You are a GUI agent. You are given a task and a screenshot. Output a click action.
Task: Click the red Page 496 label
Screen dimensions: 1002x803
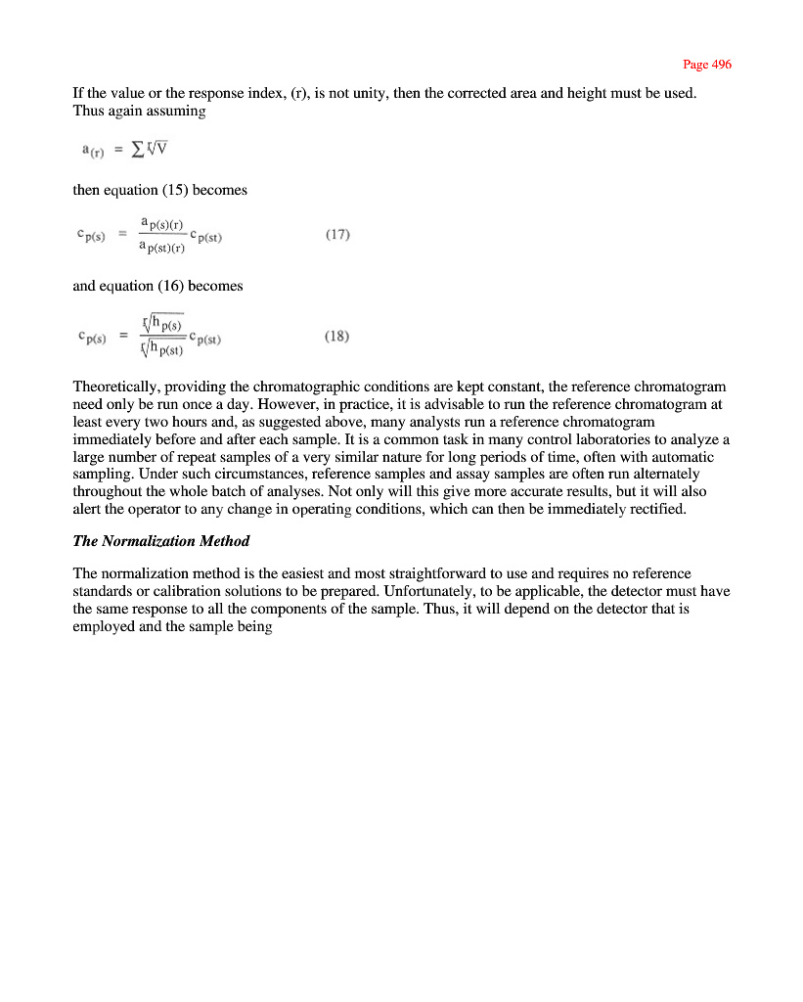pyautogui.click(x=706, y=65)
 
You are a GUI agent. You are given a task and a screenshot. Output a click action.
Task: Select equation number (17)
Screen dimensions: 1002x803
pyautogui.click(x=336, y=235)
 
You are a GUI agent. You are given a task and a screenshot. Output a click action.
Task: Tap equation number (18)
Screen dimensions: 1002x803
pyautogui.click(x=336, y=337)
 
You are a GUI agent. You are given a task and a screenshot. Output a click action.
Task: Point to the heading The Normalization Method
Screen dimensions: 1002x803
pyautogui.click(x=161, y=541)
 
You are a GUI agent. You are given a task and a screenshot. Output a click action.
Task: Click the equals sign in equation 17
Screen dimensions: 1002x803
pyautogui.click(x=122, y=235)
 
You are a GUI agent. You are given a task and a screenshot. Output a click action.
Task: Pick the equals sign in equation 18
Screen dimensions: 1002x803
pyautogui.click(x=122, y=337)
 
